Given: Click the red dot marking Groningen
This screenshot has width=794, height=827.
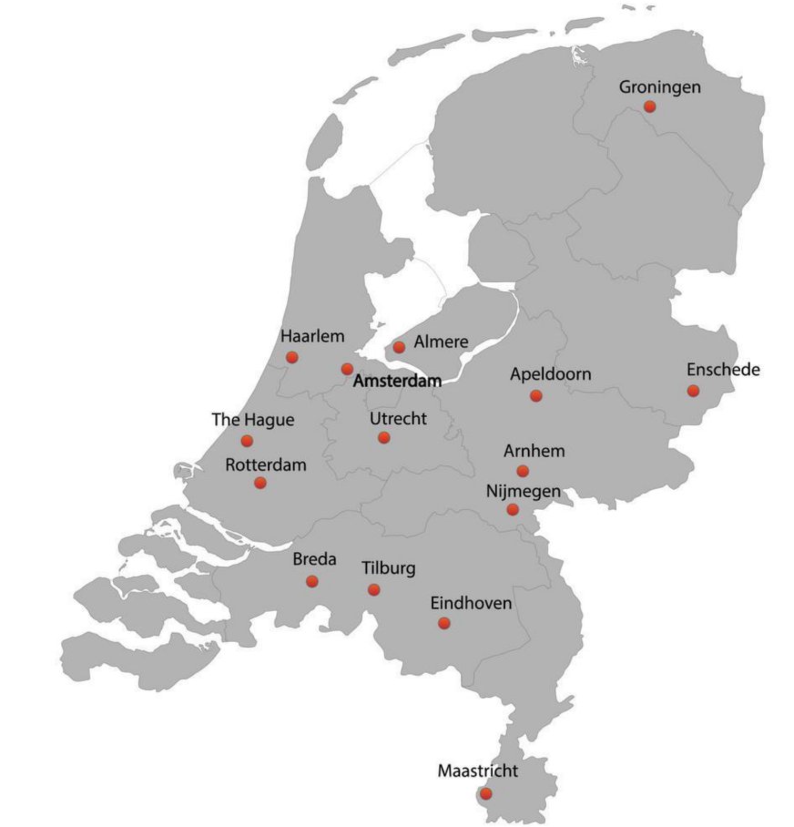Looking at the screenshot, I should [649, 107].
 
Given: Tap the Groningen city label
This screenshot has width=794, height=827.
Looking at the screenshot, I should [660, 87].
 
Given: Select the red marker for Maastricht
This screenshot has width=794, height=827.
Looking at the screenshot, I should [485, 793].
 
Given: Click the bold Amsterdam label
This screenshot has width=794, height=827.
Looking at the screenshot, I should [397, 381].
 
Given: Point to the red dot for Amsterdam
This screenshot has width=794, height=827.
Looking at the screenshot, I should [347, 369].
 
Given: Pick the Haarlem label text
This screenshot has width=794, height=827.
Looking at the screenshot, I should [312, 336].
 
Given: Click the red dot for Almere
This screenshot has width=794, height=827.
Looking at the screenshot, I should [399, 347].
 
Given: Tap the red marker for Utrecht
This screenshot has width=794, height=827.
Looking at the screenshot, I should [383, 437].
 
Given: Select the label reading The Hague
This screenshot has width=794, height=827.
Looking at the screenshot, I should [253, 420].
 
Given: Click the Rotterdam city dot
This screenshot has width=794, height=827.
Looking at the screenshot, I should [260, 483].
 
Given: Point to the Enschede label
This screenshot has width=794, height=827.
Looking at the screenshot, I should [723, 370].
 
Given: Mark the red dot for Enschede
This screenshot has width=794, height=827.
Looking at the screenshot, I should [693, 391].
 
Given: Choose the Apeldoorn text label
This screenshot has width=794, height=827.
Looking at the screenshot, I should [550, 374].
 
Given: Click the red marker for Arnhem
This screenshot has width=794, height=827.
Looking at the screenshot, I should [523, 471].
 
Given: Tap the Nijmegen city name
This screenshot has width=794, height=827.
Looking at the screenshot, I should [524, 492].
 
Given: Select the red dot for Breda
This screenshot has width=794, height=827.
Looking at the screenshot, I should [312, 581].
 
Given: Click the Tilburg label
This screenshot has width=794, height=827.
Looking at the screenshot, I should [389, 569].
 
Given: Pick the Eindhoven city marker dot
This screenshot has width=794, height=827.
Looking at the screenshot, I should [443, 623].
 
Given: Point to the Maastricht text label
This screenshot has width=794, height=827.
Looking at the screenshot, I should [478, 771].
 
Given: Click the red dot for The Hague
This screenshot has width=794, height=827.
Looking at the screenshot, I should [247, 441].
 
